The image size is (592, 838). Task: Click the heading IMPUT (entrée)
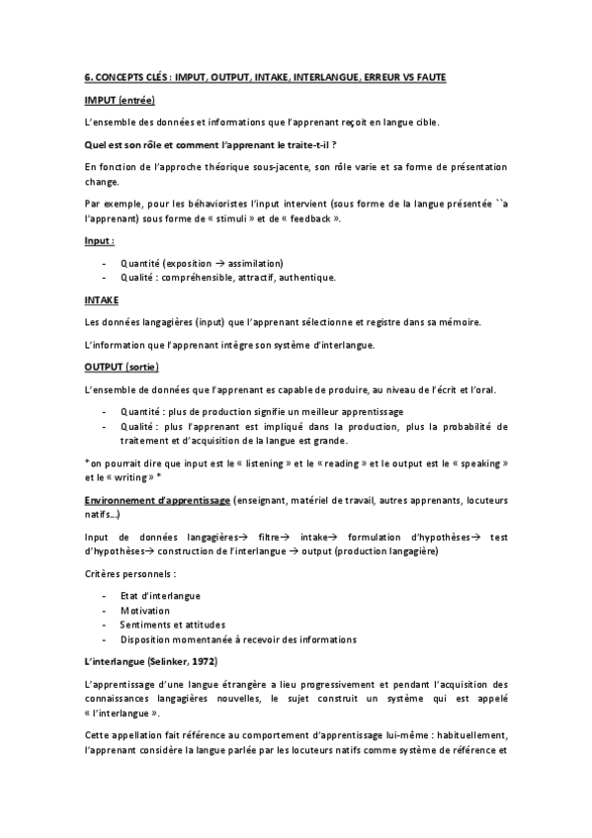click(x=120, y=101)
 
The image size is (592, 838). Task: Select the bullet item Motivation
click(x=145, y=609)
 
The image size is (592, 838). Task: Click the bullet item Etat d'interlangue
click(x=160, y=594)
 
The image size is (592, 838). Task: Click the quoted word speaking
click(x=473, y=462)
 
